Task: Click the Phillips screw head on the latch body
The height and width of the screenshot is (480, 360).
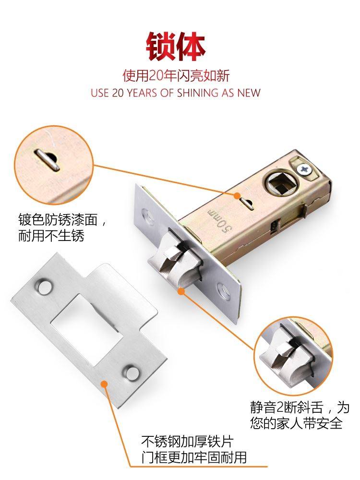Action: (x=303, y=169)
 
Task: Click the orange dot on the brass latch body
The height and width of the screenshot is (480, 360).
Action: (x=237, y=195)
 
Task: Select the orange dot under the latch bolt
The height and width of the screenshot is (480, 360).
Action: (x=180, y=290)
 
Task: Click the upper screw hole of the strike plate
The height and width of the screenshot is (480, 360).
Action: (x=44, y=287)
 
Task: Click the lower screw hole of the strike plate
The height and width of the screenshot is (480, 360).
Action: (x=129, y=371)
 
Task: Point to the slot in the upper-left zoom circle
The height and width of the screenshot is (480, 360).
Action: (x=48, y=158)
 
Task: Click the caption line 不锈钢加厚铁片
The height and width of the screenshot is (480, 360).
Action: (x=189, y=441)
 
